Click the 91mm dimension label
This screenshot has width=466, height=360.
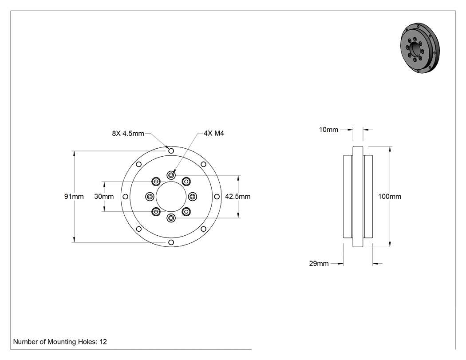pos(74,197)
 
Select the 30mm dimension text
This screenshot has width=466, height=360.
pos(104,197)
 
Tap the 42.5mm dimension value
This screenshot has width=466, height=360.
pos(238,197)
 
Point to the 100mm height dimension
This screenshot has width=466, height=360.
pos(390,197)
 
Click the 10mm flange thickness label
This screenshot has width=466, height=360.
pos(328,130)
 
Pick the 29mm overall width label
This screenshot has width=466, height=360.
pos(319,263)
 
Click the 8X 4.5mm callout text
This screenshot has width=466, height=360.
pos(128,134)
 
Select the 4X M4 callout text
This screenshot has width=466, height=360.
pos(214,134)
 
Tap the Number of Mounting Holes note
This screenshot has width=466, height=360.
pos(60,341)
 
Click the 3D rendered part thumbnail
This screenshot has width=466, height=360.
pos(420,47)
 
